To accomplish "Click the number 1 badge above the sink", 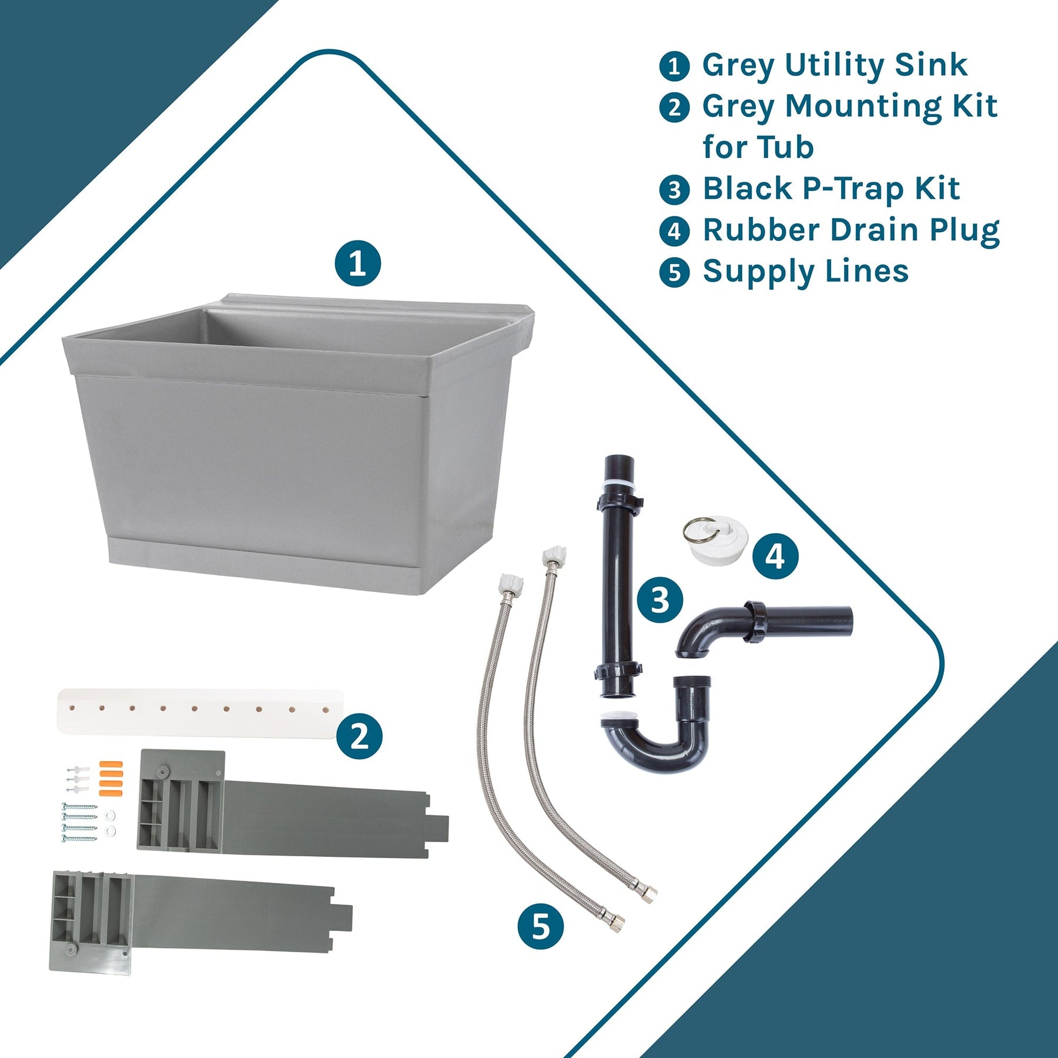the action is click(x=358, y=263).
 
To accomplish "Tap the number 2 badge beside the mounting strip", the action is click(x=359, y=736).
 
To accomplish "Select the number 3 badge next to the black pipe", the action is click(x=660, y=600).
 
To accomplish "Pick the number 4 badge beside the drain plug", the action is click(x=775, y=556).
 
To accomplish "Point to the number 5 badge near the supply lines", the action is click(x=541, y=926).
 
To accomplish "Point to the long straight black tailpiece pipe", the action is click(x=618, y=576).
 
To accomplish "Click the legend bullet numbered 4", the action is click(x=674, y=232).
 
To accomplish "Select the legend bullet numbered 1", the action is click(x=674, y=66).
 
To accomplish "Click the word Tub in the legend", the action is click(x=785, y=147).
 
